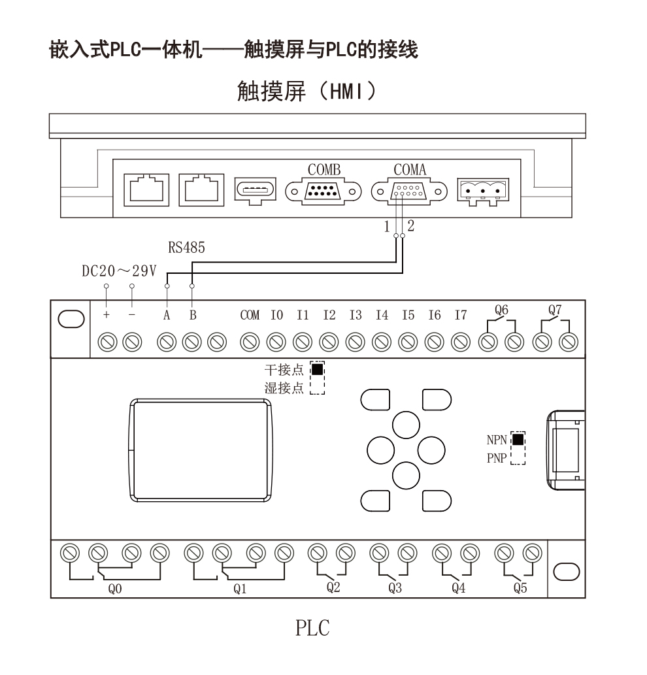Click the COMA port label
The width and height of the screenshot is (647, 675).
(410, 170)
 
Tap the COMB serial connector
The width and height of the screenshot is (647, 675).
(323, 191)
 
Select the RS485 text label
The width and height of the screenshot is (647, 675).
(186, 248)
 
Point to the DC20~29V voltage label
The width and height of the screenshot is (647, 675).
(119, 271)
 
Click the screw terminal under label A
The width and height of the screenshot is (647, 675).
(167, 342)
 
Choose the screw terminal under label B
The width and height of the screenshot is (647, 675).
(192, 342)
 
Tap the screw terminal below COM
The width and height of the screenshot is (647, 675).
(250, 342)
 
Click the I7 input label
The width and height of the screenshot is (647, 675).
(461, 315)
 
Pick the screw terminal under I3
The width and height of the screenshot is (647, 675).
(355, 342)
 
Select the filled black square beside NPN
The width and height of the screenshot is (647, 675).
(518, 439)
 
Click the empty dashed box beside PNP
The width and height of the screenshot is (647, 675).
(518, 457)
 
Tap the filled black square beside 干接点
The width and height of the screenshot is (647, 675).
(317, 369)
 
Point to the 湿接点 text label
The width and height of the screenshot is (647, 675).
(284, 388)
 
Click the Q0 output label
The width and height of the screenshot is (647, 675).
(115, 589)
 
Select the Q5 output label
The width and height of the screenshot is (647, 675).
(520, 587)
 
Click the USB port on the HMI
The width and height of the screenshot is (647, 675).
(255, 190)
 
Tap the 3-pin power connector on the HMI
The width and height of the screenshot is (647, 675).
(483, 191)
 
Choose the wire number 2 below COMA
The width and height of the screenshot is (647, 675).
(411, 225)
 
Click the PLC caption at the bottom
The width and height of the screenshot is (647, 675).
(312, 628)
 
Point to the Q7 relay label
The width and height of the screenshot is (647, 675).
(554, 310)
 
